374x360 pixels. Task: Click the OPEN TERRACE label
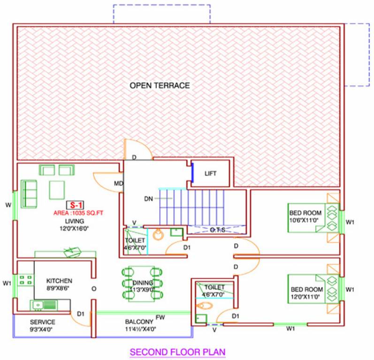click(x=160, y=85)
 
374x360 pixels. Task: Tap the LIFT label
click(x=211, y=173)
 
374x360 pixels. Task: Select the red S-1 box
click(x=74, y=205)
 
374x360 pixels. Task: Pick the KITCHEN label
click(x=59, y=281)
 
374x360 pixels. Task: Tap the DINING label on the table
click(x=142, y=283)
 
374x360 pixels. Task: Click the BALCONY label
click(x=139, y=322)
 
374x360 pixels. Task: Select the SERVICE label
click(x=43, y=322)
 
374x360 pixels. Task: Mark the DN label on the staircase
click(x=149, y=198)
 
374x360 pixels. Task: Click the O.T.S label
click(x=217, y=230)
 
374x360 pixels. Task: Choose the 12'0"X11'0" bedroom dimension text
click(x=306, y=296)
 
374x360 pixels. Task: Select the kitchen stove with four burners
click(x=25, y=281)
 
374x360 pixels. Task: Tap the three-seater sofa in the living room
click(x=29, y=194)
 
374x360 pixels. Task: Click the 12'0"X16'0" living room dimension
click(x=75, y=228)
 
